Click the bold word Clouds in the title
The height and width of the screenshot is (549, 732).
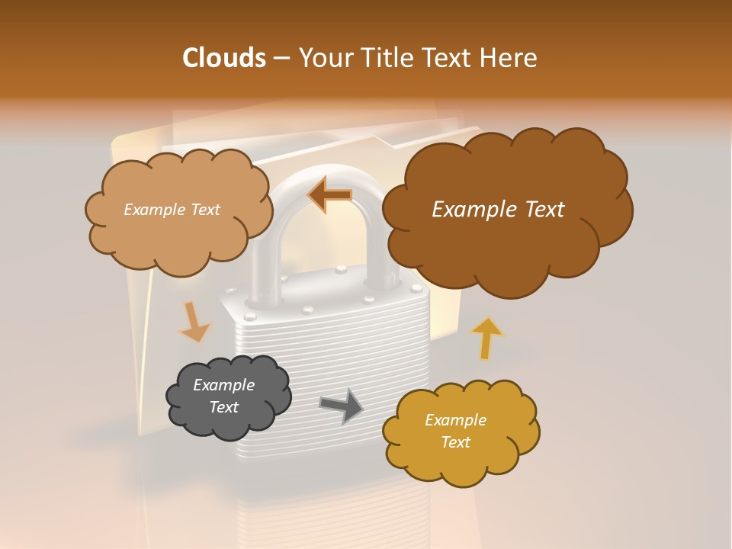tap(224, 58)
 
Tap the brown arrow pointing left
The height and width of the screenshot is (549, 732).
tap(329, 194)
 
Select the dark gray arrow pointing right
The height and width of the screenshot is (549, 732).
tap(342, 406)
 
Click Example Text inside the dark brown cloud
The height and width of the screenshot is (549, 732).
tap(498, 210)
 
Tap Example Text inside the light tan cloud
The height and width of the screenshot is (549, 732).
tap(172, 210)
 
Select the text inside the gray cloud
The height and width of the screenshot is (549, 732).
tap(223, 396)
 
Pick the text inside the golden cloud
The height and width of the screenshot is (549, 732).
tap(455, 431)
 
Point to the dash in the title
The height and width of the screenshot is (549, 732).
tap(281, 58)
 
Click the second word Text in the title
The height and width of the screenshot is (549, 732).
tap(450, 58)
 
